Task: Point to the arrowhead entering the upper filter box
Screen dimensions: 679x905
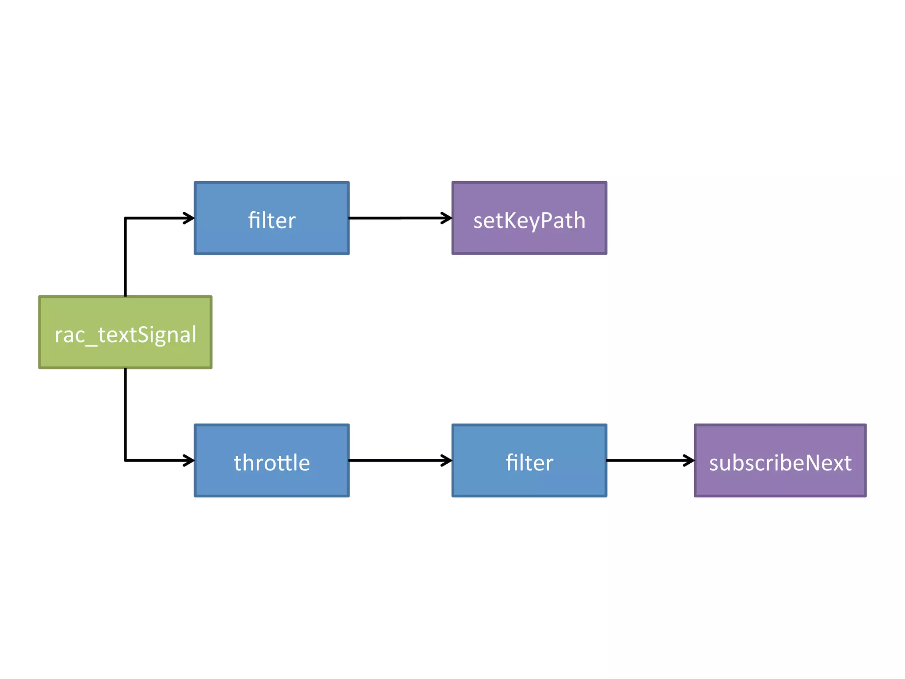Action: (x=190, y=218)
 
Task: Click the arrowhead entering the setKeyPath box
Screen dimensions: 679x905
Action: (x=447, y=218)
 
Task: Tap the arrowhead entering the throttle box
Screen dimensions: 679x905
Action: (x=190, y=461)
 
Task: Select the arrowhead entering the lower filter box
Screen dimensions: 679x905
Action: (x=447, y=461)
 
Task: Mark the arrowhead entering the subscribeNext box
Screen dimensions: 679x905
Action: (x=690, y=461)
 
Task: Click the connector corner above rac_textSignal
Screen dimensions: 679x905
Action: (x=125, y=218)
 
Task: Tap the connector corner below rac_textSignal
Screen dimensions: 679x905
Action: (x=125, y=460)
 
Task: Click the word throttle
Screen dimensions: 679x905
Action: (x=271, y=463)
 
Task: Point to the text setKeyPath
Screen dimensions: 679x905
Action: (x=529, y=220)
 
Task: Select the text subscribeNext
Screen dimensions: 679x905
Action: (x=780, y=463)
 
